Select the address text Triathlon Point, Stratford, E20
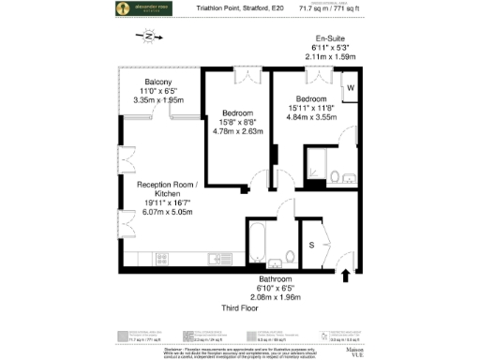click(x=238, y=8)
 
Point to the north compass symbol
click(x=147, y=37)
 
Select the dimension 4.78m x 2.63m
click(x=237, y=131)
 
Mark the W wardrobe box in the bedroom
click(x=350, y=89)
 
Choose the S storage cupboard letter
click(x=310, y=245)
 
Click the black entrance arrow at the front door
click(x=346, y=275)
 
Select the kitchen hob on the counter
click(x=223, y=256)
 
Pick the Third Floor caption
click(x=239, y=307)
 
